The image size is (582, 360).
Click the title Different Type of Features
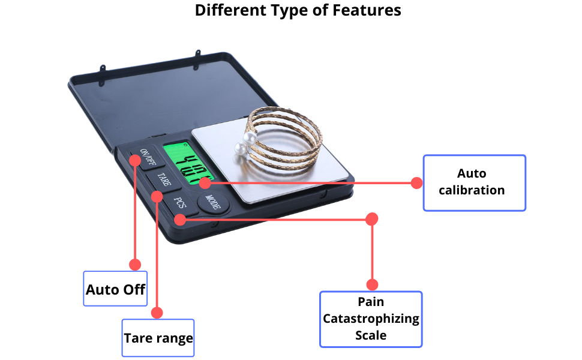coord(298,10)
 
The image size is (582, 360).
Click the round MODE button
coord(213,202)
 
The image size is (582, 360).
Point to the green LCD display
coord(188,163)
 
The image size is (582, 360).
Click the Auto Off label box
coord(115,289)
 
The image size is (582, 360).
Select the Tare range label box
coord(158,338)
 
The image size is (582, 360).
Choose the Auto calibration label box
coord(475,183)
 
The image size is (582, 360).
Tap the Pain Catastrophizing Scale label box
coord(371,319)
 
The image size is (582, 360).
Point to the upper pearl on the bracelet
coord(250,139)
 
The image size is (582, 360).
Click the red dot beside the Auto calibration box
coord(417,183)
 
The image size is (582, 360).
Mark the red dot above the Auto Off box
coord(135,265)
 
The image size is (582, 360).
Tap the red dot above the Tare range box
coord(157,313)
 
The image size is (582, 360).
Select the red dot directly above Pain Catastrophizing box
coord(372,284)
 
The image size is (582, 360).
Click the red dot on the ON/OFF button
coord(135,160)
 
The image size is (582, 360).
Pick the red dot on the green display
coord(205,182)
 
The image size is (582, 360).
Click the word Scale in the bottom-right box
coord(371,335)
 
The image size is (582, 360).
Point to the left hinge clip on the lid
coord(102,74)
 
